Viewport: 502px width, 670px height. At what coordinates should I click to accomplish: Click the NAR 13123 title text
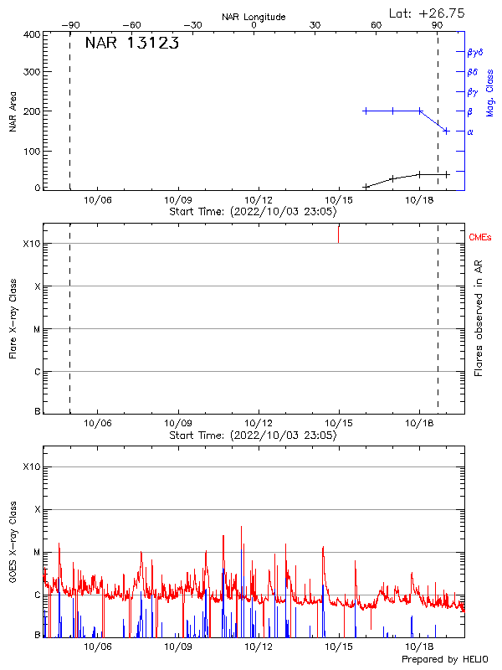132,44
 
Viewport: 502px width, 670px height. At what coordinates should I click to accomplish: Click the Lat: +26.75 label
428,13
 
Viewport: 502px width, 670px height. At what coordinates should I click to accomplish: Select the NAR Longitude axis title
254,17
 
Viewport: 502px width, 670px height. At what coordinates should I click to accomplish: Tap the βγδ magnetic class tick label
475,52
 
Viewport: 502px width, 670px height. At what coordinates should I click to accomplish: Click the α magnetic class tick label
470,131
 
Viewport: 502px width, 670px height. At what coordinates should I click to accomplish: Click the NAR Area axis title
13,111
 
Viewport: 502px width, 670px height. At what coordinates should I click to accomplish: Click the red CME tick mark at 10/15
339,234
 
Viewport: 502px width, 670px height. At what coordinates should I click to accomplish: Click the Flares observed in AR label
479,317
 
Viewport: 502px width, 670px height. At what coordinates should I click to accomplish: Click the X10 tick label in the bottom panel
31,466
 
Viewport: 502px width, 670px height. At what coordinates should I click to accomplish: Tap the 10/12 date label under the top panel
258,201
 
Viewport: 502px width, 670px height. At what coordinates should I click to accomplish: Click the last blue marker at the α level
447,131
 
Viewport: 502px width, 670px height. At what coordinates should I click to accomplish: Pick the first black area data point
366,187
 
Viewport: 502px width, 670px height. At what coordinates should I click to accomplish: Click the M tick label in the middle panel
37,329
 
